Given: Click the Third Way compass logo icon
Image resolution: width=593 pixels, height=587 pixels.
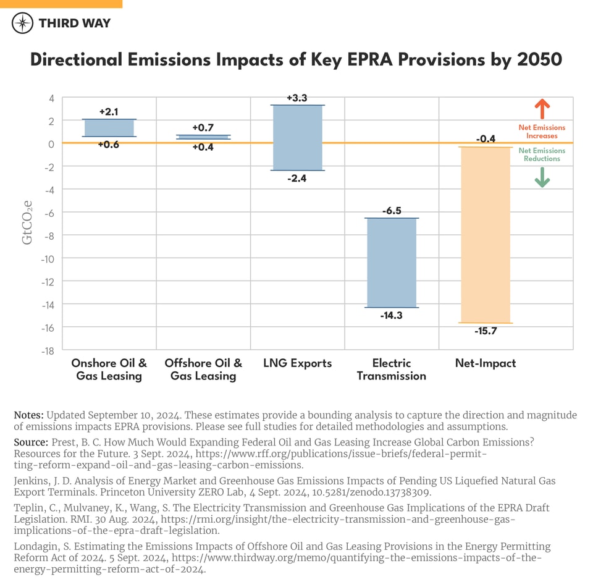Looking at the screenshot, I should click(x=23, y=23).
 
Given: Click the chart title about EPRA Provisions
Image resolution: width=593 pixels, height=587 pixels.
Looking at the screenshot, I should click(x=296, y=60).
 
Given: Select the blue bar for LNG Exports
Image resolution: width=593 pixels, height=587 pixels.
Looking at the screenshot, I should click(x=297, y=137).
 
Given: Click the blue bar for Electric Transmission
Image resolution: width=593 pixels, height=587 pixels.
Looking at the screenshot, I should click(x=392, y=263).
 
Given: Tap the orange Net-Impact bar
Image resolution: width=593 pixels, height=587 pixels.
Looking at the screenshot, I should click(x=485, y=235).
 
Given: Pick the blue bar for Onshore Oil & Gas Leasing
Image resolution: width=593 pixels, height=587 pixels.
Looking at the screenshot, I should click(x=109, y=128).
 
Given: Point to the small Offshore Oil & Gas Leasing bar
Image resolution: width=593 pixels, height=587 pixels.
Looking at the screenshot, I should click(x=203, y=137).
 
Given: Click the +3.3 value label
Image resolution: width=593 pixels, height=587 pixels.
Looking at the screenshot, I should click(x=297, y=98).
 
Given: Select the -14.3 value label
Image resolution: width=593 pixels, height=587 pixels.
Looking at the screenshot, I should click(x=392, y=315).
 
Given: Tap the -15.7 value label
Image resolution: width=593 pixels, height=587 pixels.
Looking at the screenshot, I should click(x=486, y=331).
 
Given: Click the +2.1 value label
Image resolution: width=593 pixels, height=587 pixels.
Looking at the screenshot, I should click(x=109, y=112).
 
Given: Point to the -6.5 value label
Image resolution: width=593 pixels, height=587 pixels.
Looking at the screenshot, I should click(x=392, y=211).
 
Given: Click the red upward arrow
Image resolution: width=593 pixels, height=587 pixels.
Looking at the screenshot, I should click(x=542, y=109).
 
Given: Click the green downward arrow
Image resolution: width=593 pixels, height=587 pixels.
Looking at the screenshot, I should click(x=542, y=177).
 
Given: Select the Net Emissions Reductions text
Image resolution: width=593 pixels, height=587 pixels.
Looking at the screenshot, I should click(x=542, y=154).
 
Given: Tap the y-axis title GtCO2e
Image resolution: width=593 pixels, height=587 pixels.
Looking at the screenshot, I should click(x=28, y=222).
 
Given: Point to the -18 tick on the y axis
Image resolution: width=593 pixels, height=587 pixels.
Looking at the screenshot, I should click(x=46, y=350).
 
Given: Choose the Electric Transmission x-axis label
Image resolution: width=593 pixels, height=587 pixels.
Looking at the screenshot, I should click(x=392, y=370).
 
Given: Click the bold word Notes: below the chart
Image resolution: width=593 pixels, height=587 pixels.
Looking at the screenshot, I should click(x=28, y=415).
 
